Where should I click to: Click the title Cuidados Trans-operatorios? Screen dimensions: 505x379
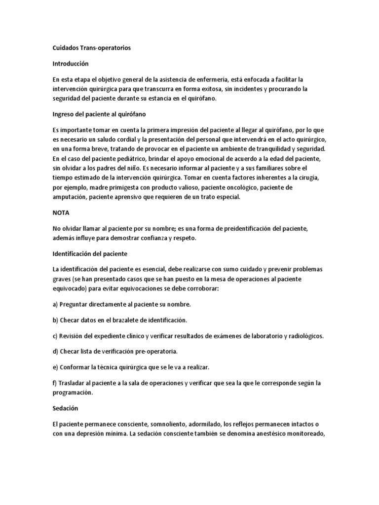(92, 48)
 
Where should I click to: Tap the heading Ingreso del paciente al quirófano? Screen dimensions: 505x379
(100, 114)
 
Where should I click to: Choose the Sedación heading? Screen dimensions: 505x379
(65, 409)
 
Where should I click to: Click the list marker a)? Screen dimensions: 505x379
(55, 304)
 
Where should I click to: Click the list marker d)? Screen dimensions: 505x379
(55, 351)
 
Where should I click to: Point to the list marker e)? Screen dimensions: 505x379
(55, 367)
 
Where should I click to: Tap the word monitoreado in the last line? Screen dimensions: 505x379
(302, 434)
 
